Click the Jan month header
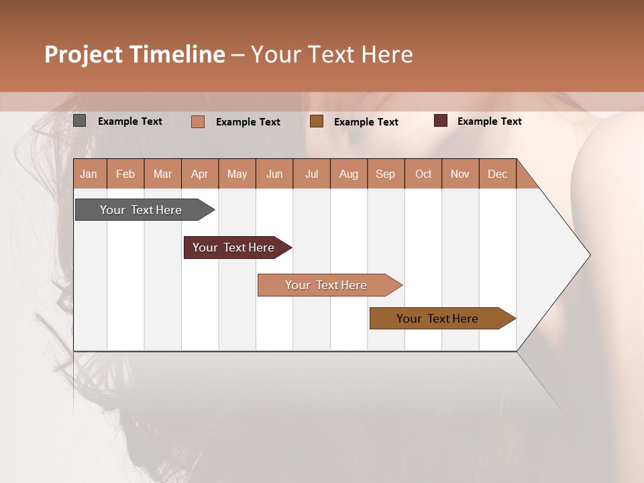[89, 174]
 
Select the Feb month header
[125, 174]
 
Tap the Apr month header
[199, 174]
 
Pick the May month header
[237, 174]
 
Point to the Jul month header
[311, 174]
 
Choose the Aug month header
[348, 174]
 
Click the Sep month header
[385, 174]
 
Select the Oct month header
[423, 174]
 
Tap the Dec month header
[497, 174]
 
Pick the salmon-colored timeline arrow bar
[327, 285]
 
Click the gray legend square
[80, 121]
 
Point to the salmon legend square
[198, 121]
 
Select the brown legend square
[317, 121]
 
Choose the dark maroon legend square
[441, 121]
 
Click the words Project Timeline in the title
[134, 54]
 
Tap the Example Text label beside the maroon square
[489, 121]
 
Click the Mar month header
[162, 174]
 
